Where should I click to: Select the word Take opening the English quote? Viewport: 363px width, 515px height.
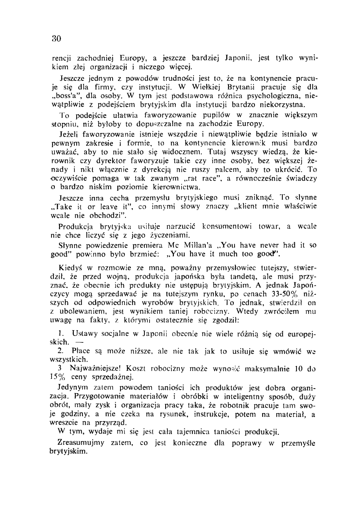point(73,206)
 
